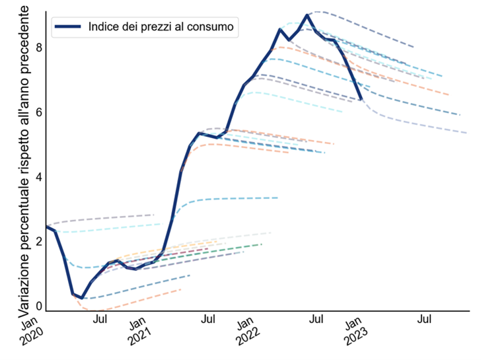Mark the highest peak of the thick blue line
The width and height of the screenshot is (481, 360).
coord(307,15)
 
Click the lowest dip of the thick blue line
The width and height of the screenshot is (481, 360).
coord(82,298)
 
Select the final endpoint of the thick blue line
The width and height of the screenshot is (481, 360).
coord(361,99)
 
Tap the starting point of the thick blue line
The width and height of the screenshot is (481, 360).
coord(46,227)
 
